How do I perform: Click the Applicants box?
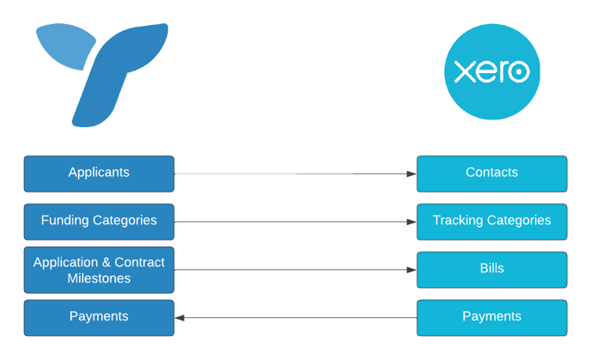tap(99, 173)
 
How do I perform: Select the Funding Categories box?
tap(99, 221)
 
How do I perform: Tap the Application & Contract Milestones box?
tap(99, 269)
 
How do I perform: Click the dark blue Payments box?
tap(99, 317)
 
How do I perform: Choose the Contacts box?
tap(491, 173)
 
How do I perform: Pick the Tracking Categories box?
tap(491, 221)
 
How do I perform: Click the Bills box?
tap(491, 269)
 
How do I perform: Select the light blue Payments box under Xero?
tap(491, 317)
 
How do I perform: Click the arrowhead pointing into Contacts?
tap(411, 174)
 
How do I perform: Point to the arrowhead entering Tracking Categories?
tap(411, 222)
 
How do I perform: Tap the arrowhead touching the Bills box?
tap(411, 270)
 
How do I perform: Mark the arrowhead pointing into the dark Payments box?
tap(180, 318)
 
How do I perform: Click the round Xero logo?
tap(491, 72)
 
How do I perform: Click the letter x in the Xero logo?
tap(464, 72)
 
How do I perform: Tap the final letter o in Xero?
tap(518, 72)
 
